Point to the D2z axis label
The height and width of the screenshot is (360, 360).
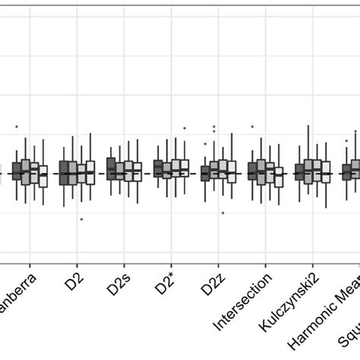click(212, 289)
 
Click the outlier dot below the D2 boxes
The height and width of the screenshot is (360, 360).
click(81, 219)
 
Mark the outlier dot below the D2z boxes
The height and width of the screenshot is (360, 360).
click(223, 213)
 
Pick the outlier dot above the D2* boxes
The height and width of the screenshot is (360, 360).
click(185, 128)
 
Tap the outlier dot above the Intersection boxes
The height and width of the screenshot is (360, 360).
click(252, 127)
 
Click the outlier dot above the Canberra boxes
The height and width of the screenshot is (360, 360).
click(17, 126)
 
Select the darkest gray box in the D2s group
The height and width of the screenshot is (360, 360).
click(111, 168)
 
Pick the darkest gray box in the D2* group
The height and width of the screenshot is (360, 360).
click(158, 168)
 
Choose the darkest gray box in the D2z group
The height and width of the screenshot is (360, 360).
click(205, 174)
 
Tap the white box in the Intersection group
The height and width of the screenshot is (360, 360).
click(279, 173)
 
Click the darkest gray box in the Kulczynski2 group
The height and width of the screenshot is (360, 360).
click(299, 172)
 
